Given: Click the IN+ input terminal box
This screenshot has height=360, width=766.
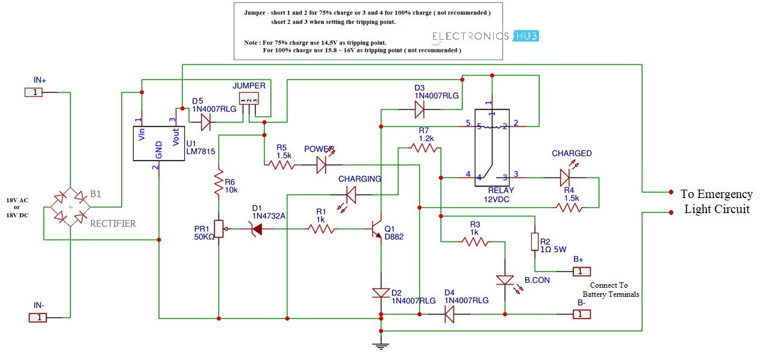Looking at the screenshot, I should pos(34,92).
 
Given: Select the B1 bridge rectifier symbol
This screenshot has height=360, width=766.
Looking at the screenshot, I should pos(70,206).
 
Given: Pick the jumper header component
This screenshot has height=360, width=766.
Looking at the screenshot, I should pos(249,98).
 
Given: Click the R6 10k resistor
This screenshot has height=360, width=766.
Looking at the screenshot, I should pos(219,182).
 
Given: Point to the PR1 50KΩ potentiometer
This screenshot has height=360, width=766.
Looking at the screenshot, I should pos(219,229).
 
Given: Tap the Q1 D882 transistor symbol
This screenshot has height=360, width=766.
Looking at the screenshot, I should pos(377,229).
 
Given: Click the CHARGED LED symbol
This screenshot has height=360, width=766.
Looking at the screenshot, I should pos(565,178).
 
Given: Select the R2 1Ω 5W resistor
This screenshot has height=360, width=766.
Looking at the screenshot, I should pos(534,241).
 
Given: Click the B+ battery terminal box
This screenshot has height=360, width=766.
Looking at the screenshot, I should pos(581,272).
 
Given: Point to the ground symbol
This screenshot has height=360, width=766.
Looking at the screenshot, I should pos(381,345).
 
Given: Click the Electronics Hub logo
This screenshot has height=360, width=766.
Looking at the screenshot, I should pos(485,36).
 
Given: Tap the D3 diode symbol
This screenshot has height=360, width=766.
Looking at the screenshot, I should pos(420,110).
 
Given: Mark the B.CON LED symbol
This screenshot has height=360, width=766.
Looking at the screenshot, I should pos(505,281).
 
